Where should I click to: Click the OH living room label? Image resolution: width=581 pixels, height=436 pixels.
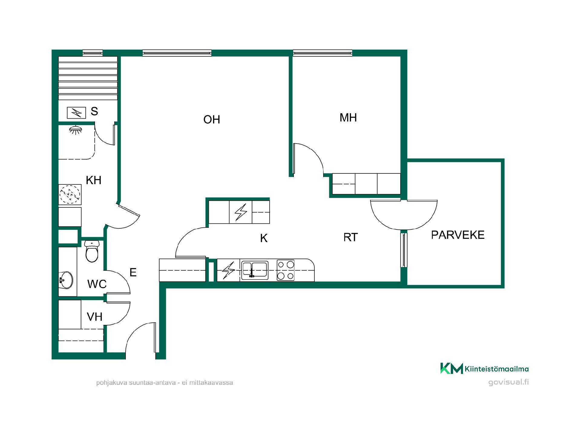coord(212,120)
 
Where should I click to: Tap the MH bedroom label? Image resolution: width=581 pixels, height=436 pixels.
coord(348,117)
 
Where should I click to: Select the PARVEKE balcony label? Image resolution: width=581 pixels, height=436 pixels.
coord(458,235)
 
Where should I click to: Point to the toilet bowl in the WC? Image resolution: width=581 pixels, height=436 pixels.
coord(92,251)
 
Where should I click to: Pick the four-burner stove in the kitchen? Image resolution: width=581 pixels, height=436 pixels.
coord(285,270)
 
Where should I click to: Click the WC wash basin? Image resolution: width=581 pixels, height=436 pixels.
coord(66,280)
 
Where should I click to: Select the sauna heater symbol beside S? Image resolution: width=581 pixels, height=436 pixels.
coord(76,113)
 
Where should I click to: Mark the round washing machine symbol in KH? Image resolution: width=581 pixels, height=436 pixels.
coord(70,194)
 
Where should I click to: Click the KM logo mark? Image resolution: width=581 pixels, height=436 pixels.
coord(451,368)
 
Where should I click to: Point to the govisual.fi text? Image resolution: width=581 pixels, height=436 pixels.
coord(508,382)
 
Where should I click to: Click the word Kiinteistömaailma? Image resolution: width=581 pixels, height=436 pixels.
coord(497,369)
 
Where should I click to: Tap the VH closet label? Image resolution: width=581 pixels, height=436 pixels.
coord(94,317)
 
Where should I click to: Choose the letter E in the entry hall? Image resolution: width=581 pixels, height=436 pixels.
coord(133,272)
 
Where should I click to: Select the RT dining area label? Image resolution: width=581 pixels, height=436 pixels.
coord(350,237)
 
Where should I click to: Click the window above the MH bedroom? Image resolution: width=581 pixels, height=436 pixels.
coord(323,53)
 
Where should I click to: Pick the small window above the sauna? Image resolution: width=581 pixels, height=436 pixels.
coord(93,53)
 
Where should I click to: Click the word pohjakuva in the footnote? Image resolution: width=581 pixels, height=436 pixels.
coord(112,383)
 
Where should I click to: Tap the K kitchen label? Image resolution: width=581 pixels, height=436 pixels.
coord(264,238)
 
